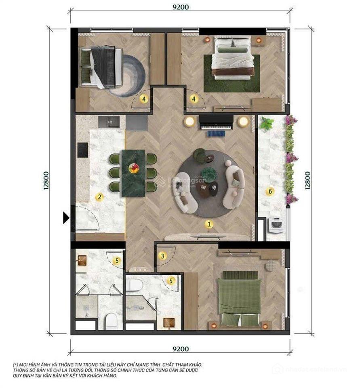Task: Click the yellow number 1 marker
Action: coord(208,223)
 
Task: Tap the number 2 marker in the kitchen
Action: coord(99,197)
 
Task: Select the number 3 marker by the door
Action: coord(162,255)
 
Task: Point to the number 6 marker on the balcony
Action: coord(269,191)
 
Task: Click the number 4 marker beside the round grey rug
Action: coord(144,98)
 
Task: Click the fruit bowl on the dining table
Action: coord(133,167)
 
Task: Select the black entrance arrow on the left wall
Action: coord(66,218)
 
